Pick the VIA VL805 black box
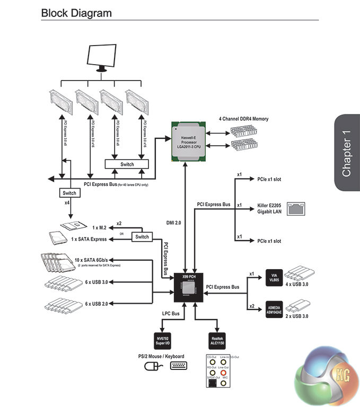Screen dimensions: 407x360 point(273,279)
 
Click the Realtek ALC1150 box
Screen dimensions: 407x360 point(216,339)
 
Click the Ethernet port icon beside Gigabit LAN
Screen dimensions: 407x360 point(294,208)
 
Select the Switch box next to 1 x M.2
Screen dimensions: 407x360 point(141,236)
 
